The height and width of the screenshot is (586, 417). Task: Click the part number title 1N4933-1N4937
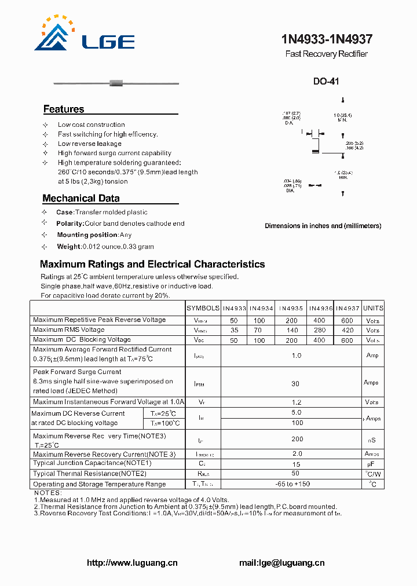327,40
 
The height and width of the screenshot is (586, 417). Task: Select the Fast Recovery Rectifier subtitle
326,54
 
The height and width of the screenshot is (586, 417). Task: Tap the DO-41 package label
326,82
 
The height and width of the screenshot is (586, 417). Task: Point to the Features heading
64,109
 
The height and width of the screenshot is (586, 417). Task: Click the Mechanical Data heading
81,198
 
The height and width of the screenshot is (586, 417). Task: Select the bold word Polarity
70,224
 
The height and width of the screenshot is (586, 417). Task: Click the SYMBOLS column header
203,308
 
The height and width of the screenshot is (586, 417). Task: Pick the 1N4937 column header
348,308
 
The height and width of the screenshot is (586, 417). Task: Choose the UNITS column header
374,308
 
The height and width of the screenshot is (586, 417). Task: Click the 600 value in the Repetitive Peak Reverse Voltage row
348,320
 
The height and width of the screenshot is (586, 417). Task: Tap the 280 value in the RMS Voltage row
319,330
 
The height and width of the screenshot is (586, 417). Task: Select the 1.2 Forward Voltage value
296,402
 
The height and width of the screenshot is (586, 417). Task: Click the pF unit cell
372,464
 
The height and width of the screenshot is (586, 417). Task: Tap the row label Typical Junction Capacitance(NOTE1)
93,463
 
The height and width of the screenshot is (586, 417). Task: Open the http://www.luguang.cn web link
132,563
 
